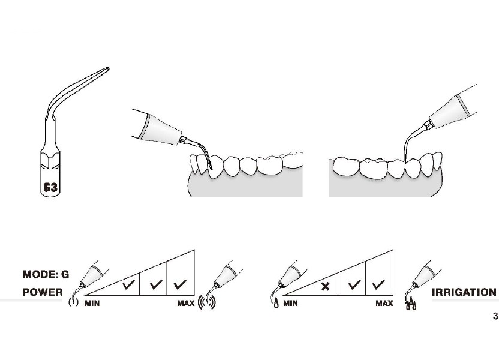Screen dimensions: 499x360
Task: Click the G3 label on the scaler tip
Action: coord(50,187)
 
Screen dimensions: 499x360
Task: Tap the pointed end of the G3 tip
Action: coord(107,68)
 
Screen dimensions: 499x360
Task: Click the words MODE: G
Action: coord(46,274)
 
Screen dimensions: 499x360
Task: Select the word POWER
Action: coord(43,292)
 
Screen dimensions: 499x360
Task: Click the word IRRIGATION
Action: coord(464,292)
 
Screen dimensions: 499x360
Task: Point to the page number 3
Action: coord(495,316)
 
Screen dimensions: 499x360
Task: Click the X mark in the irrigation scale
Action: coord(325,286)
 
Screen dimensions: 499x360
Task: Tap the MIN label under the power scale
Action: coord(92,304)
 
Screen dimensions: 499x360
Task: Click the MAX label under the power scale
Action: coord(186,304)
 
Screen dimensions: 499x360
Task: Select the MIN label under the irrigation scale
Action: coord(290,304)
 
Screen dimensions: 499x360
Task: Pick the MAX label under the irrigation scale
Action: coord(384,304)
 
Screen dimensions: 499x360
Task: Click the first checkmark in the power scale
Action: coord(128,284)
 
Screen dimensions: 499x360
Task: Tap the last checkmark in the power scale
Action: coord(180,284)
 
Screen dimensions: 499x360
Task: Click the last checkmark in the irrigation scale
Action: coord(378,284)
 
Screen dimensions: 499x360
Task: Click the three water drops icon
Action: coord(411,304)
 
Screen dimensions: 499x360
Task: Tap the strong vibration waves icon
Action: coord(207,303)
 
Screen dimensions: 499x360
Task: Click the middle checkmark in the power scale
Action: coord(156,284)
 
